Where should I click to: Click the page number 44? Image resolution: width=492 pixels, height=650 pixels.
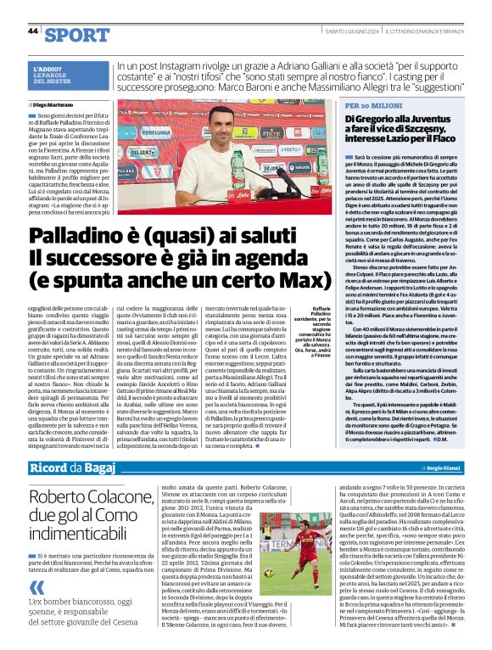point(33,31)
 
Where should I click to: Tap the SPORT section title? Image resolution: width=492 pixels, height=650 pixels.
point(77,34)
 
